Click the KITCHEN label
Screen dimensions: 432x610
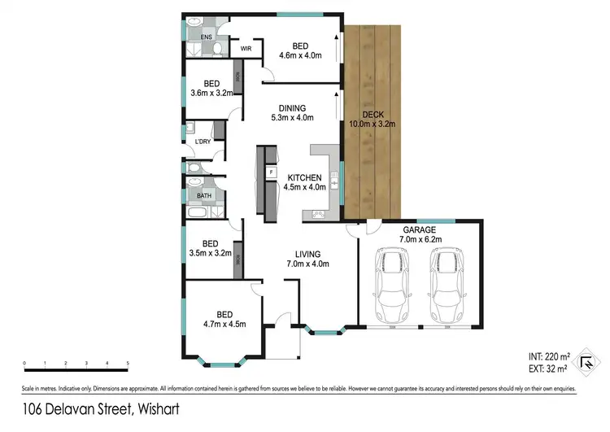[x=303, y=177]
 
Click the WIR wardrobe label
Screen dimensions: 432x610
[x=246, y=49]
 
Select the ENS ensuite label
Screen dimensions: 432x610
[x=196, y=37]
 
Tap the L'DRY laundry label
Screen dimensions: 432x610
[x=203, y=143]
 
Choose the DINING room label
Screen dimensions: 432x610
[x=292, y=108]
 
